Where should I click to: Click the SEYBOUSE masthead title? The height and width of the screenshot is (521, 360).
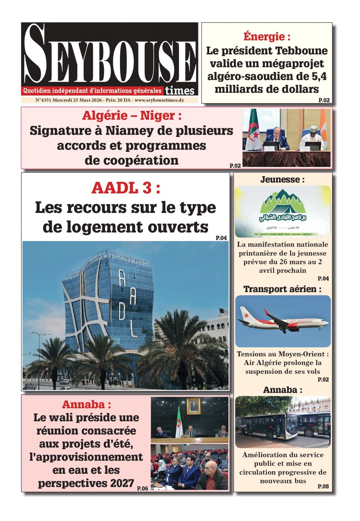coord(109,54)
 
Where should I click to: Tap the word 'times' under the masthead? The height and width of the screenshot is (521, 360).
coord(180,91)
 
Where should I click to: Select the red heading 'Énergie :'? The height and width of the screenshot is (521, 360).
coord(267,36)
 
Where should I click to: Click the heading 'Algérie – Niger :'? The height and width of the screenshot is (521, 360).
coord(132,115)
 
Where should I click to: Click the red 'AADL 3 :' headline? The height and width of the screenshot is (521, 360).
coord(126,188)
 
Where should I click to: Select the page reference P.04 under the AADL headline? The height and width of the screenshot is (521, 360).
coord(221,238)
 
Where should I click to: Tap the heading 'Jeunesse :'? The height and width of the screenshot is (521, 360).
coord(282,179)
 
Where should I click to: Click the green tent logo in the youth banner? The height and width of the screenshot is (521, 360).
coord(283,202)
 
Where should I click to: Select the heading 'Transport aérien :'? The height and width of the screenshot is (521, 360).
coord(282,289)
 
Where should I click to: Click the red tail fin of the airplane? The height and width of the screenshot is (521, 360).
coord(267,313)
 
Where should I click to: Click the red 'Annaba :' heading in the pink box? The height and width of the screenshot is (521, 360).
coord(86,404)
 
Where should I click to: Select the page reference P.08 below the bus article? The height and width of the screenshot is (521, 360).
coord(323,486)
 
